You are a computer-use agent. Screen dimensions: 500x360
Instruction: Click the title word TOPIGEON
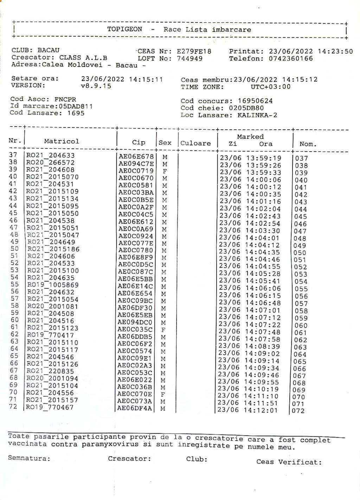(x=125, y=29)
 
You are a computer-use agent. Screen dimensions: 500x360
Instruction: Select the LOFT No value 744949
(x=189, y=59)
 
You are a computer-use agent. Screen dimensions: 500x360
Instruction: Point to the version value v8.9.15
(x=96, y=86)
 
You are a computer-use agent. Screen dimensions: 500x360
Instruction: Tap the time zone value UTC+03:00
(x=270, y=87)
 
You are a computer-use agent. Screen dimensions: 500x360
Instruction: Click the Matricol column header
(x=62, y=141)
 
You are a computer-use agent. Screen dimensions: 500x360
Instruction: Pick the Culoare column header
(x=196, y=143)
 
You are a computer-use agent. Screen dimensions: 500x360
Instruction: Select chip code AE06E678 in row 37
(x=136, y=156)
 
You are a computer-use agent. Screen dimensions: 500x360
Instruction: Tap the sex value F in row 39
(x=163, y=171)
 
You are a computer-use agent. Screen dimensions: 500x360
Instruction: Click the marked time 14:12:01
(x=261, y=410)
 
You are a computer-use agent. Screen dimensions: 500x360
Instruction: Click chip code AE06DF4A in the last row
(x=135, y=409)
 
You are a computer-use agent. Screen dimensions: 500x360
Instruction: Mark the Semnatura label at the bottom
(x=29, y=459)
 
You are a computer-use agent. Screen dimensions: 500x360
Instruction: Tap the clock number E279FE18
(x=194, y=51)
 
